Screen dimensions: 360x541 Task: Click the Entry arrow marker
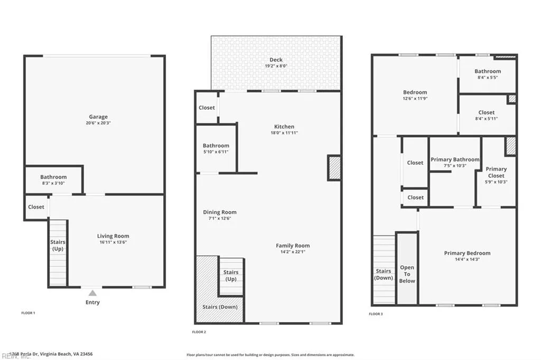pos(92,293)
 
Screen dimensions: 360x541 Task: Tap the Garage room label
pos(98,117)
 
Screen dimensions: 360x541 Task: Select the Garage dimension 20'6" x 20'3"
pos(98,123)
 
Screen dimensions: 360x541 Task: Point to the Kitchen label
pos(284,127)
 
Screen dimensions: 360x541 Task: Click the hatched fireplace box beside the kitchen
pos(334,168)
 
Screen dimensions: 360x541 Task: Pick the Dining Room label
pos(220,212)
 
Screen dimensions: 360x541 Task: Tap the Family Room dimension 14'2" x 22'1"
pos(293,252)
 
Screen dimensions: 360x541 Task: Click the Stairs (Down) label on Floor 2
pos(220,307)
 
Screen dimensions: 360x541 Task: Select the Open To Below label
pos(407,274)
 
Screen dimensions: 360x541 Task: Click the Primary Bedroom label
pos(467,253)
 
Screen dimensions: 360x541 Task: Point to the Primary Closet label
pos(496,172)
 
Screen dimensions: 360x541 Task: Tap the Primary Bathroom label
pos(455,159)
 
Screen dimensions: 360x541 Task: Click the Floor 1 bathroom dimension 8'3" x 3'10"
pos(53,183)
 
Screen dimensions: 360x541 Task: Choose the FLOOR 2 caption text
pos(199,332)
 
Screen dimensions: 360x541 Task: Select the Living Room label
pos(113,236)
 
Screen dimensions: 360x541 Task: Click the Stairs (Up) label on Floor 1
pos(58,245)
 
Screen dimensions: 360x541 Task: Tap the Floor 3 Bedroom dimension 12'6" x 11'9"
pos(415,99)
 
